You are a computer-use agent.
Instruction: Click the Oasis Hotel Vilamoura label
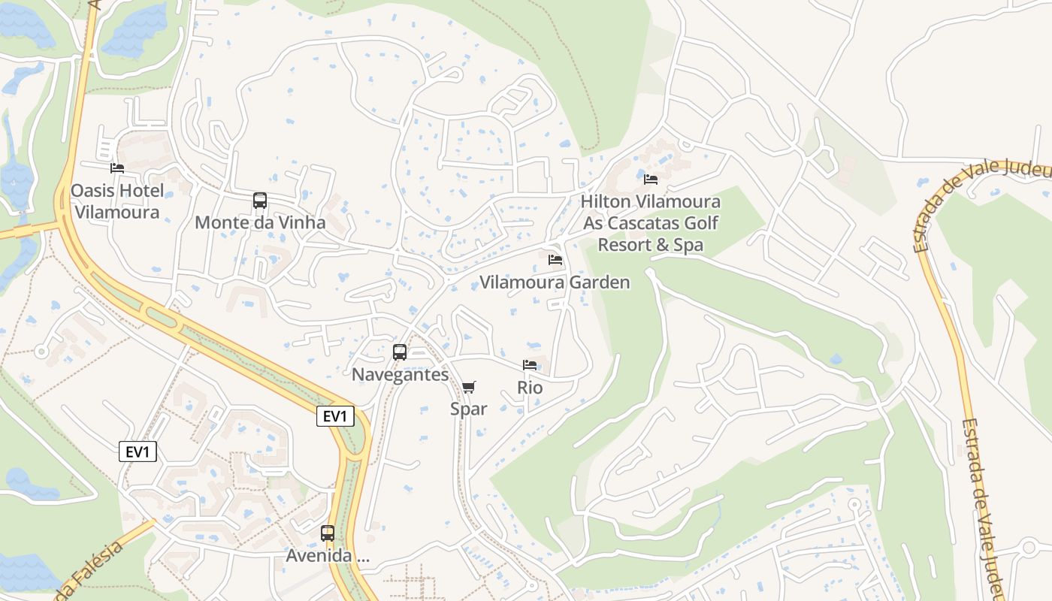[116, 201]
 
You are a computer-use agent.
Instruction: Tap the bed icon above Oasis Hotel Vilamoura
[117, 168]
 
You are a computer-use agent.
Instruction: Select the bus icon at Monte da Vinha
[260, 201]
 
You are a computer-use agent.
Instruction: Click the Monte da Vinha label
[260, 222]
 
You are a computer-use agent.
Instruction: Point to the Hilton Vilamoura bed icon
[651, 180]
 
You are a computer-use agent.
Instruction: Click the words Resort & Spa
[650, 245]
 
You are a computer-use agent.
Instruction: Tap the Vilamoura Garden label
[555, 282]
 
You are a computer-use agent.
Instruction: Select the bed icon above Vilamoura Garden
[555, 260]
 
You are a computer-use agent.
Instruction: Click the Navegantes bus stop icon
[400, 352]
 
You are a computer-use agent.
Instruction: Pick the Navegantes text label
[400, 374]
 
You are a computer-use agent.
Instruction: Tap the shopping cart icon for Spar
[468, 387]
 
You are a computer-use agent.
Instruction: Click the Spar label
[468, 409]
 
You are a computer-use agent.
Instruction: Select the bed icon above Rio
[530, 365]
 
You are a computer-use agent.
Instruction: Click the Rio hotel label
[530, 388]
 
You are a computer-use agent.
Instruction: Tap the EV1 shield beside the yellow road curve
[335, 416]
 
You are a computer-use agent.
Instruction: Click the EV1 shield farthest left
[138, 452]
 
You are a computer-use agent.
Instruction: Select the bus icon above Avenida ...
[328, 533]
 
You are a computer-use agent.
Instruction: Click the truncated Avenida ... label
[328, 556]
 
